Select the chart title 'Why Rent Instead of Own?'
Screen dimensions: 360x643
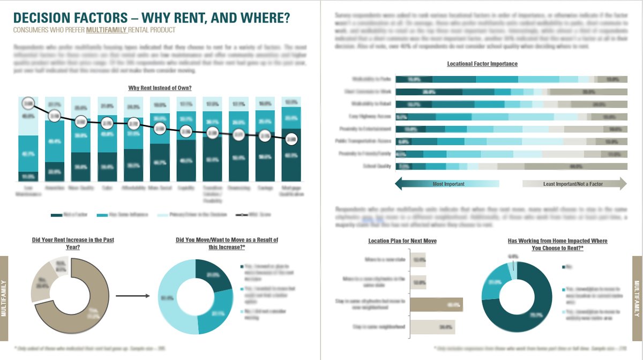tap(160, 88)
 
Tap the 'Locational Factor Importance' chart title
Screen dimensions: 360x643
tap(482, 64)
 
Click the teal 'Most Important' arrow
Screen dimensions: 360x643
tap(447, 184)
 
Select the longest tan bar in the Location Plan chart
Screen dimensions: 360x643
tap(435, 305)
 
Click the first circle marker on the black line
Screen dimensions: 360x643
tap(28, 102)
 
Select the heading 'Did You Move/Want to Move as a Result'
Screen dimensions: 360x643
tap(227, 244)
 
